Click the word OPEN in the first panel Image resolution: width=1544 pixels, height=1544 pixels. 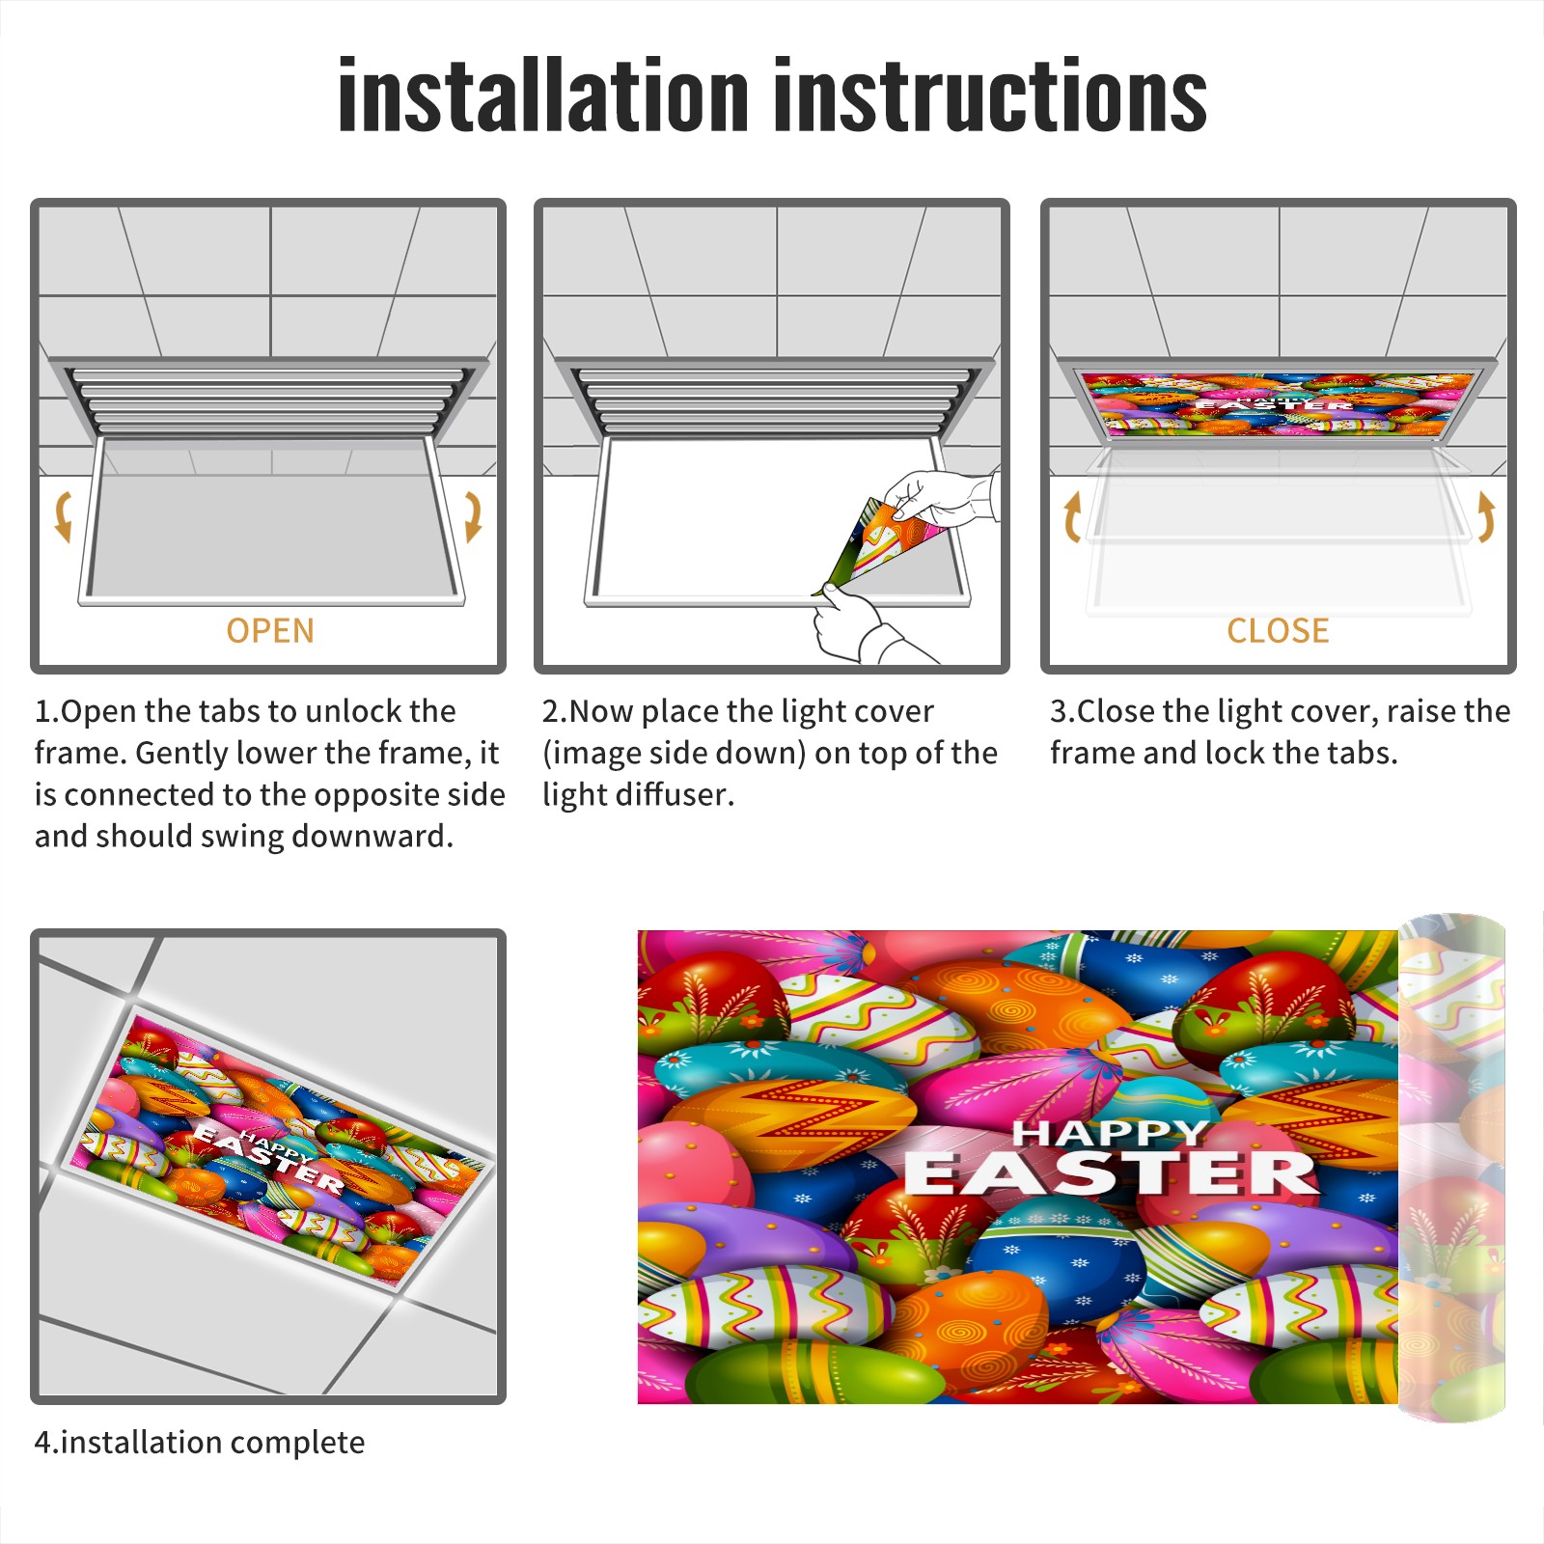270,631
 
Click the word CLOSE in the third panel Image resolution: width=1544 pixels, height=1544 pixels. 1278,631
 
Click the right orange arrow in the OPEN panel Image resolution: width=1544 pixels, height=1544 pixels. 473,516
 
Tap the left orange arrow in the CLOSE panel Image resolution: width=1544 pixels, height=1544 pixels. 1071,516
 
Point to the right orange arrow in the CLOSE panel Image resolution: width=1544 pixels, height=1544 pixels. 1486,516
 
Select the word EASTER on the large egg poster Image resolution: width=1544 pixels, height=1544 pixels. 1110,1173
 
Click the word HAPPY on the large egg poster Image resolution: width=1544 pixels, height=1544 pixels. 1110,1132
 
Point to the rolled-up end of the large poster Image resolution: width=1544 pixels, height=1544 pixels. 1451,1168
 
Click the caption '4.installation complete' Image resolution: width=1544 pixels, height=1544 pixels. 200,1443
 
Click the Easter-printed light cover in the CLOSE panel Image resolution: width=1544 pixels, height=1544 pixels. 1277,403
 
